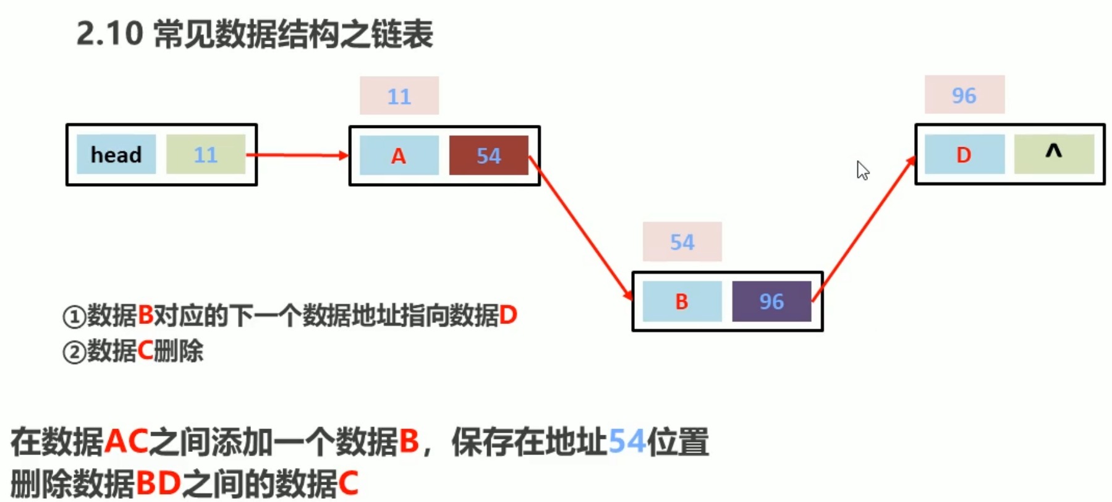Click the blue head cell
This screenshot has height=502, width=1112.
116,155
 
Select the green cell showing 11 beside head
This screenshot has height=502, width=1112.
205,155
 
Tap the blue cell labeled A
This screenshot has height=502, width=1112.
399,155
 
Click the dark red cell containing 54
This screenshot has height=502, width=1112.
488,155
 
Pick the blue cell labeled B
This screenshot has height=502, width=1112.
682,302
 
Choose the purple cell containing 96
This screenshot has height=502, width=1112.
771,302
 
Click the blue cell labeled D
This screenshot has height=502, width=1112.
964,155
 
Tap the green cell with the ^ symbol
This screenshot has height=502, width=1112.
1054,154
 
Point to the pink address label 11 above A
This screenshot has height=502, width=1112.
399,96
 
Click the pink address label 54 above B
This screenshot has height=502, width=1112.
682,242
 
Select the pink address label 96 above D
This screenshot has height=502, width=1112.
964,95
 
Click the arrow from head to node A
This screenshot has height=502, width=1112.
297,155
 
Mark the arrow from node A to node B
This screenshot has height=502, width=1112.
581,228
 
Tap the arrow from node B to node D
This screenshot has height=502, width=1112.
864,229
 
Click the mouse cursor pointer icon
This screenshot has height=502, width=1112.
862,170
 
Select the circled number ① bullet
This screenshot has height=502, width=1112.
74,317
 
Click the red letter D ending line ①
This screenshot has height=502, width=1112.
508,316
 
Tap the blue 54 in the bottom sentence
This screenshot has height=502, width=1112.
627,442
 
